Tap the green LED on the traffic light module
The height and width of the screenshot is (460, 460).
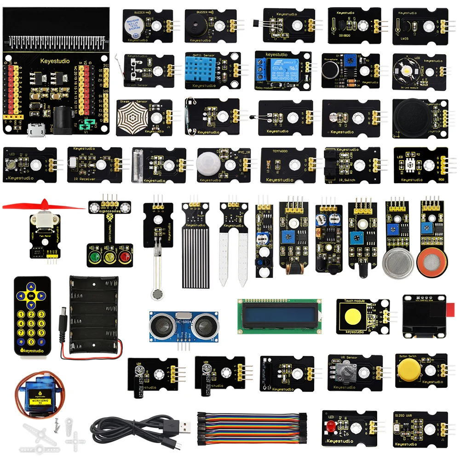95,256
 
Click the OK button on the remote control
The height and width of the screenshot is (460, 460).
31,296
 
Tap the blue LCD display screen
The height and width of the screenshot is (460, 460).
279,316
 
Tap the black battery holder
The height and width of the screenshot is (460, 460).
95,316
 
